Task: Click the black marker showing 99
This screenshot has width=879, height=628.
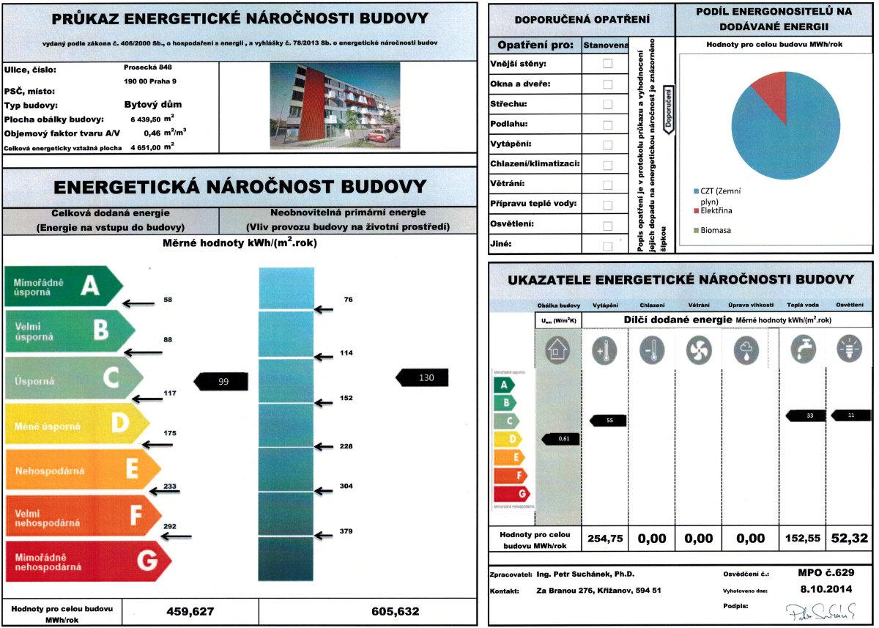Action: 221,381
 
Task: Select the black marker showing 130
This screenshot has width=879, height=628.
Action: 423,377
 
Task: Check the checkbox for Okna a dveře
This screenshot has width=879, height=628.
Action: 607,84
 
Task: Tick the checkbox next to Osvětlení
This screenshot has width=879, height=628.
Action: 607,224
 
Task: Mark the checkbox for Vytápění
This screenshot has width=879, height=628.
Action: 607,144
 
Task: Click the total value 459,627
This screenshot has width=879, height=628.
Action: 190,611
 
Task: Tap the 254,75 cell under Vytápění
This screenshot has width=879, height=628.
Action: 605,539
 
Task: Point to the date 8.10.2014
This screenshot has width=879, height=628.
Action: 826,588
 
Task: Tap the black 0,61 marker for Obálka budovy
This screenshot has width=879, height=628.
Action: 562,439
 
